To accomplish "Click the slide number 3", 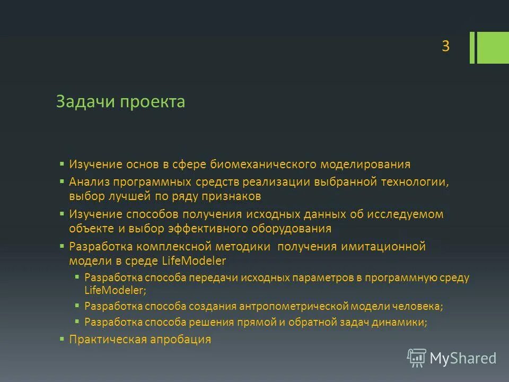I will [445, 47].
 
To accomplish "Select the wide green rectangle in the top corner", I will [493, 48].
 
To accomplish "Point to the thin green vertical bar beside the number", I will [472, 48].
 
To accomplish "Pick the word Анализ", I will [89, 182].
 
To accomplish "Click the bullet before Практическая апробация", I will [62, 338].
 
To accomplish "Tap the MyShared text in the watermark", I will [463, 358].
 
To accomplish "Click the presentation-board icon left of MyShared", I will [416, 358].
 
